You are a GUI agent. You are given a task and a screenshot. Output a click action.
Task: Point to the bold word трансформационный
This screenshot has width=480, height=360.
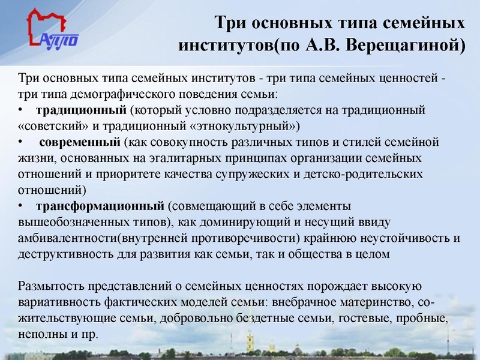pyautogui.click(x=100, y=206)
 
